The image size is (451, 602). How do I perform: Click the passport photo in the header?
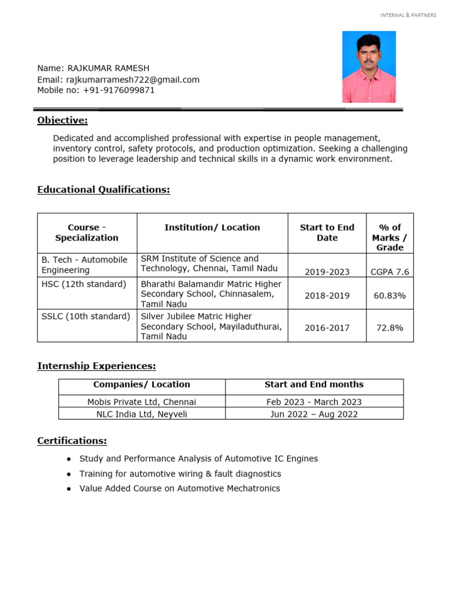click(369, 67)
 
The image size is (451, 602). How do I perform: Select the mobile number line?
click(96, 91)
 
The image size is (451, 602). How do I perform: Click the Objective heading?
click(62, 121)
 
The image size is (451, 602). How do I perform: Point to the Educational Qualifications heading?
click(103, 189)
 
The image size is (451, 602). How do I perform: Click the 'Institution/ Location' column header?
click(212, 228)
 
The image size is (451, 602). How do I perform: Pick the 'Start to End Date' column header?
click(327, 233)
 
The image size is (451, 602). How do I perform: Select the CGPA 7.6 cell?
click(390, 272)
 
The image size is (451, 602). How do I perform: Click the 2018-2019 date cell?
click(327, 296)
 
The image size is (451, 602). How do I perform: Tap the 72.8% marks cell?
click(390, 328)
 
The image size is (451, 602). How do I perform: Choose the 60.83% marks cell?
click(390, 296)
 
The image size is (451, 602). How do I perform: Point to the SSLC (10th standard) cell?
click(86, 316)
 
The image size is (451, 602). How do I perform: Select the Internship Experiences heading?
click(96, 366)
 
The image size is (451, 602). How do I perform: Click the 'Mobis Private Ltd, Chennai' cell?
click(142, 402)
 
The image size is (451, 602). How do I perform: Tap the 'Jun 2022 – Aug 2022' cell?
click(314, 414)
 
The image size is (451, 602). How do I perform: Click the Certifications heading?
click(72, 441)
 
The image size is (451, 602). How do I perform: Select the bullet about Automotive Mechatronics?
click(180, 489)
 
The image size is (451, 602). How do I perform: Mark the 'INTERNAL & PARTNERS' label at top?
click(408, 15)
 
